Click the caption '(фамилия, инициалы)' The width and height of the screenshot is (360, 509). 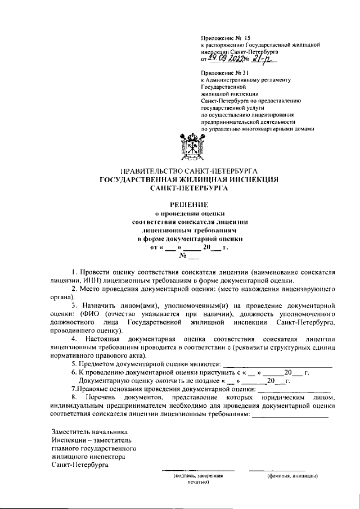pos(292,476)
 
